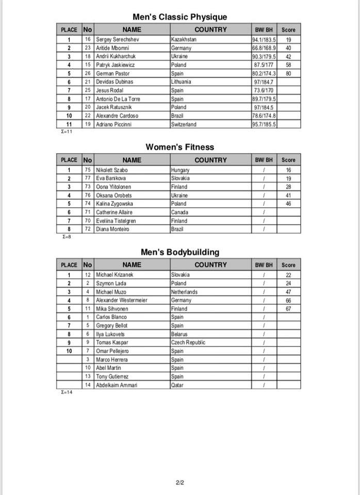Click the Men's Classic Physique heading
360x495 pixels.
(x=179, y=17)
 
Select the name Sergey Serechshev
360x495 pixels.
(x=118, y=39)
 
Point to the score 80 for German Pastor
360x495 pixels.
(x=288, y=73)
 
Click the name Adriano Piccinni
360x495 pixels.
(x=117, y=124)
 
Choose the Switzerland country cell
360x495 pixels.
(x=184, y=124)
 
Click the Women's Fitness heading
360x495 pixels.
(x=179, y=147)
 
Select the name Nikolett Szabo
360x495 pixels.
(x=112, y=170)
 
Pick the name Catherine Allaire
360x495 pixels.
(x=114, y=212)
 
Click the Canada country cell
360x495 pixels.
(x=179, y=212)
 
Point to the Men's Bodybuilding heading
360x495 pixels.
(x=179, y=252)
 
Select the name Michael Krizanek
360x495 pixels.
(x=114, y=275)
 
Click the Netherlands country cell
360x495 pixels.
(x=184, y=292)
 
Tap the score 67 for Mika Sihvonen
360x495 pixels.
(x=288, y=309)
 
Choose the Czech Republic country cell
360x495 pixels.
(x=188, y=342)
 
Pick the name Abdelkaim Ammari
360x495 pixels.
(x=117, y=385)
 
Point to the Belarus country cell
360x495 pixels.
(x=179, y=334)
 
